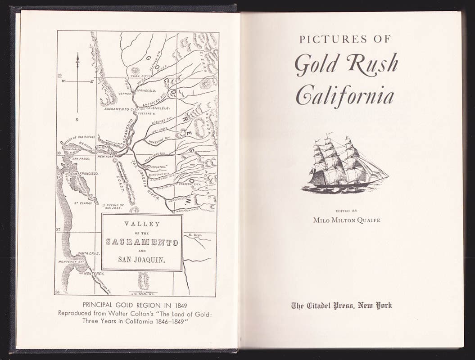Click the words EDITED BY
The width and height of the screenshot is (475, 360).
pos(346,210)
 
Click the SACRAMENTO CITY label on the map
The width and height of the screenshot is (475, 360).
pos(119,109)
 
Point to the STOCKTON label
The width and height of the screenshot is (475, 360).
pos(159,167)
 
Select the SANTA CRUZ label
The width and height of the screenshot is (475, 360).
pos(88,253)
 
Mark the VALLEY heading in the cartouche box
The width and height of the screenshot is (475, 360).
pos(142,224)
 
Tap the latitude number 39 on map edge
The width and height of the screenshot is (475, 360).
pos(59,76)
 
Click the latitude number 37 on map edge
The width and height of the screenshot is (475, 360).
pos(58,229)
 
